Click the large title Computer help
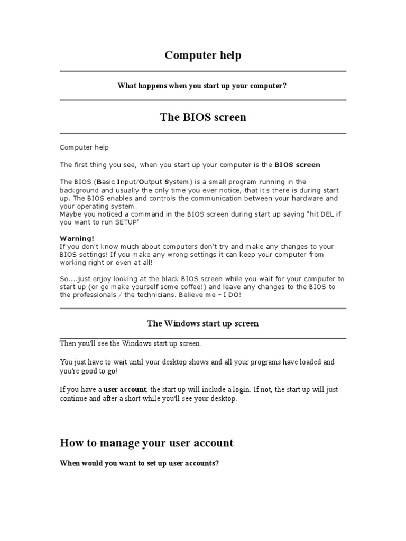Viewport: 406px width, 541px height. point(203,55)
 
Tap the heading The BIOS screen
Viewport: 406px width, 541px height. point(203,117)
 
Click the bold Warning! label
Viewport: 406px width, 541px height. point(77,238)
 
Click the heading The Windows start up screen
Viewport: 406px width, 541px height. point(203,323)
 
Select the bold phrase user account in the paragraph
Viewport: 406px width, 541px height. point(128,390)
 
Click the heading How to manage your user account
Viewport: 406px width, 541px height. point(146,443)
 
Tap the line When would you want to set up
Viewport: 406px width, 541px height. point(140,463)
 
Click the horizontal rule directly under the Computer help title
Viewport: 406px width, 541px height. point(203,71)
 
